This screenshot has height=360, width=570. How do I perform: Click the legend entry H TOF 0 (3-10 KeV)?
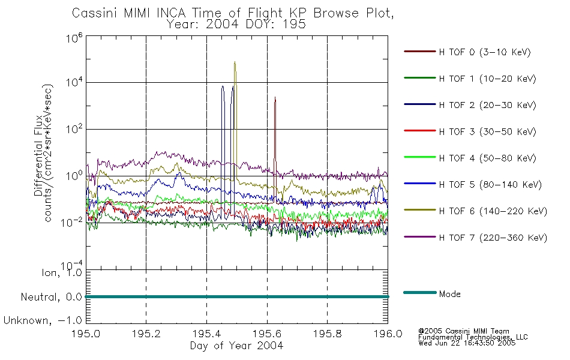point(485,52)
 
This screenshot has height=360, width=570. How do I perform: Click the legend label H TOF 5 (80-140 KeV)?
point(490,184)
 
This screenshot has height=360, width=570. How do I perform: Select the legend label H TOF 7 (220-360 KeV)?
point(492,238)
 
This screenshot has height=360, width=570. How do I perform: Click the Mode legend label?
point(449,294)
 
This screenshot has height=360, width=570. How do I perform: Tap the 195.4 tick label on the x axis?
point(206,334)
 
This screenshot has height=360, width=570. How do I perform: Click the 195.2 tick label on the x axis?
point(146,334)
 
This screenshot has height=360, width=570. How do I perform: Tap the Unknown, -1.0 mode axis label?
point(43,320)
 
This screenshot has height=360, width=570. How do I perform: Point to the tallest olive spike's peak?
point(235,62)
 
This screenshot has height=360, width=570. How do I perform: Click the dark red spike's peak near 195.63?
point(275,97)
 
